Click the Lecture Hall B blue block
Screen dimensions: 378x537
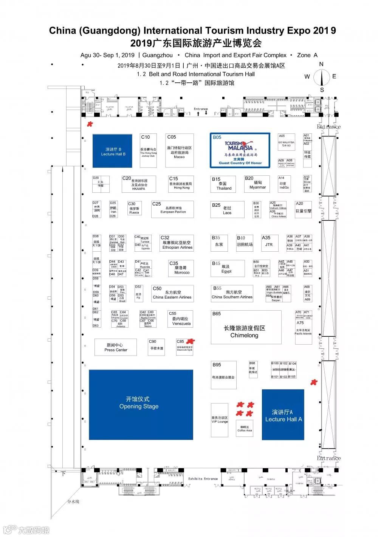(x=112, y=151)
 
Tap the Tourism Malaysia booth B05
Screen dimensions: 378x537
(x=240, y=150)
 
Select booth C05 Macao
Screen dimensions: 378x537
(x=180, y=150)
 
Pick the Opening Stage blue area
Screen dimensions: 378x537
(x=141, y=404)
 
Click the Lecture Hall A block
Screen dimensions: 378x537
(x=283, y=415)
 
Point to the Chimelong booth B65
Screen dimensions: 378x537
(x=246, y=327)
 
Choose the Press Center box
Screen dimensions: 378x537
(x=116, y=347)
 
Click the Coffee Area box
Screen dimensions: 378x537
(x=245, y=429)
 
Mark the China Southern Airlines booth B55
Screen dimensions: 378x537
(x=232, y=294)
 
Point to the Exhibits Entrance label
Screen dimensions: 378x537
(x=203, y=478)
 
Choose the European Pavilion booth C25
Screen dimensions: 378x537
(x=172, y=209)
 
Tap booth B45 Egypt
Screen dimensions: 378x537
(x=227, y=268)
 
